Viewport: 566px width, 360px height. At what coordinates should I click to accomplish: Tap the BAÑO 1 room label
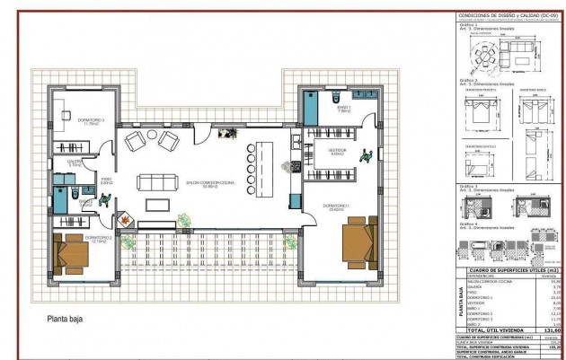click(344, 108)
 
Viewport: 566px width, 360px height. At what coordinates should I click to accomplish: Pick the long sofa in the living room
click(158, 182)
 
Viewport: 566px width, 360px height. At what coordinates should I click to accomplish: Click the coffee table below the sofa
click(158, 204)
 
